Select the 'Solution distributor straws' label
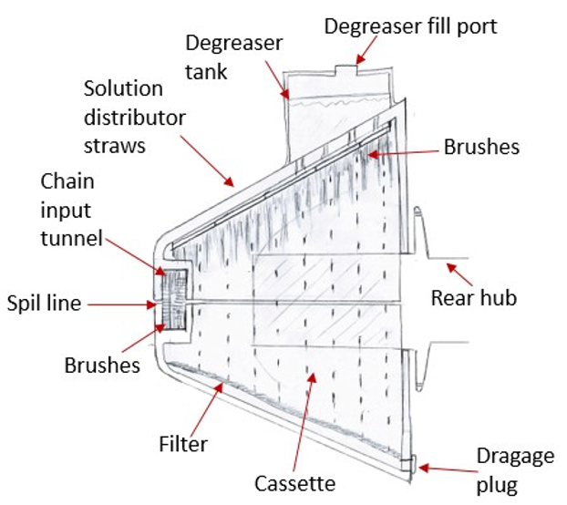pyautogui.click(x=134, y=118)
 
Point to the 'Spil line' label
pyautogui.click(x=43, y=303)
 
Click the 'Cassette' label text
pyautogui.click(x=295, y=481)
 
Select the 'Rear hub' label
pyautogui.click(x=473, y=297)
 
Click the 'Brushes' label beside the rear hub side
pyautogui.click(x=481, y=147)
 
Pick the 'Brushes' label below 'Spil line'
pyautogui.click(x=102, y=365)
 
